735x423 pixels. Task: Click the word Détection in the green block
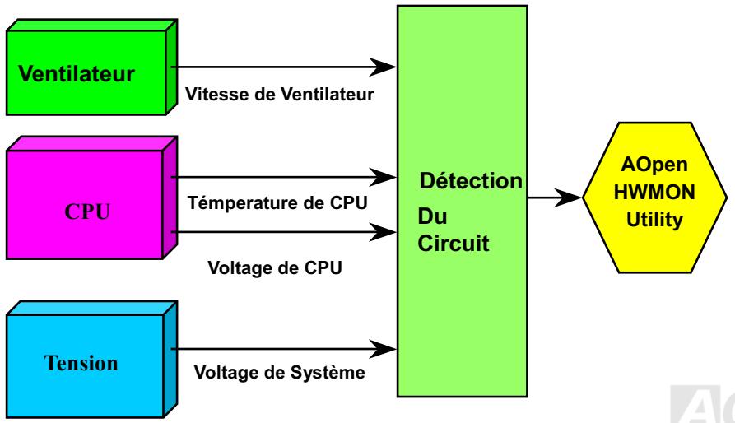[x=470, y=179]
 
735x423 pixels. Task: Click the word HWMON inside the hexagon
[x=655, y=198]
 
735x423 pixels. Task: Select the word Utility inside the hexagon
[x=655, y=221]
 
